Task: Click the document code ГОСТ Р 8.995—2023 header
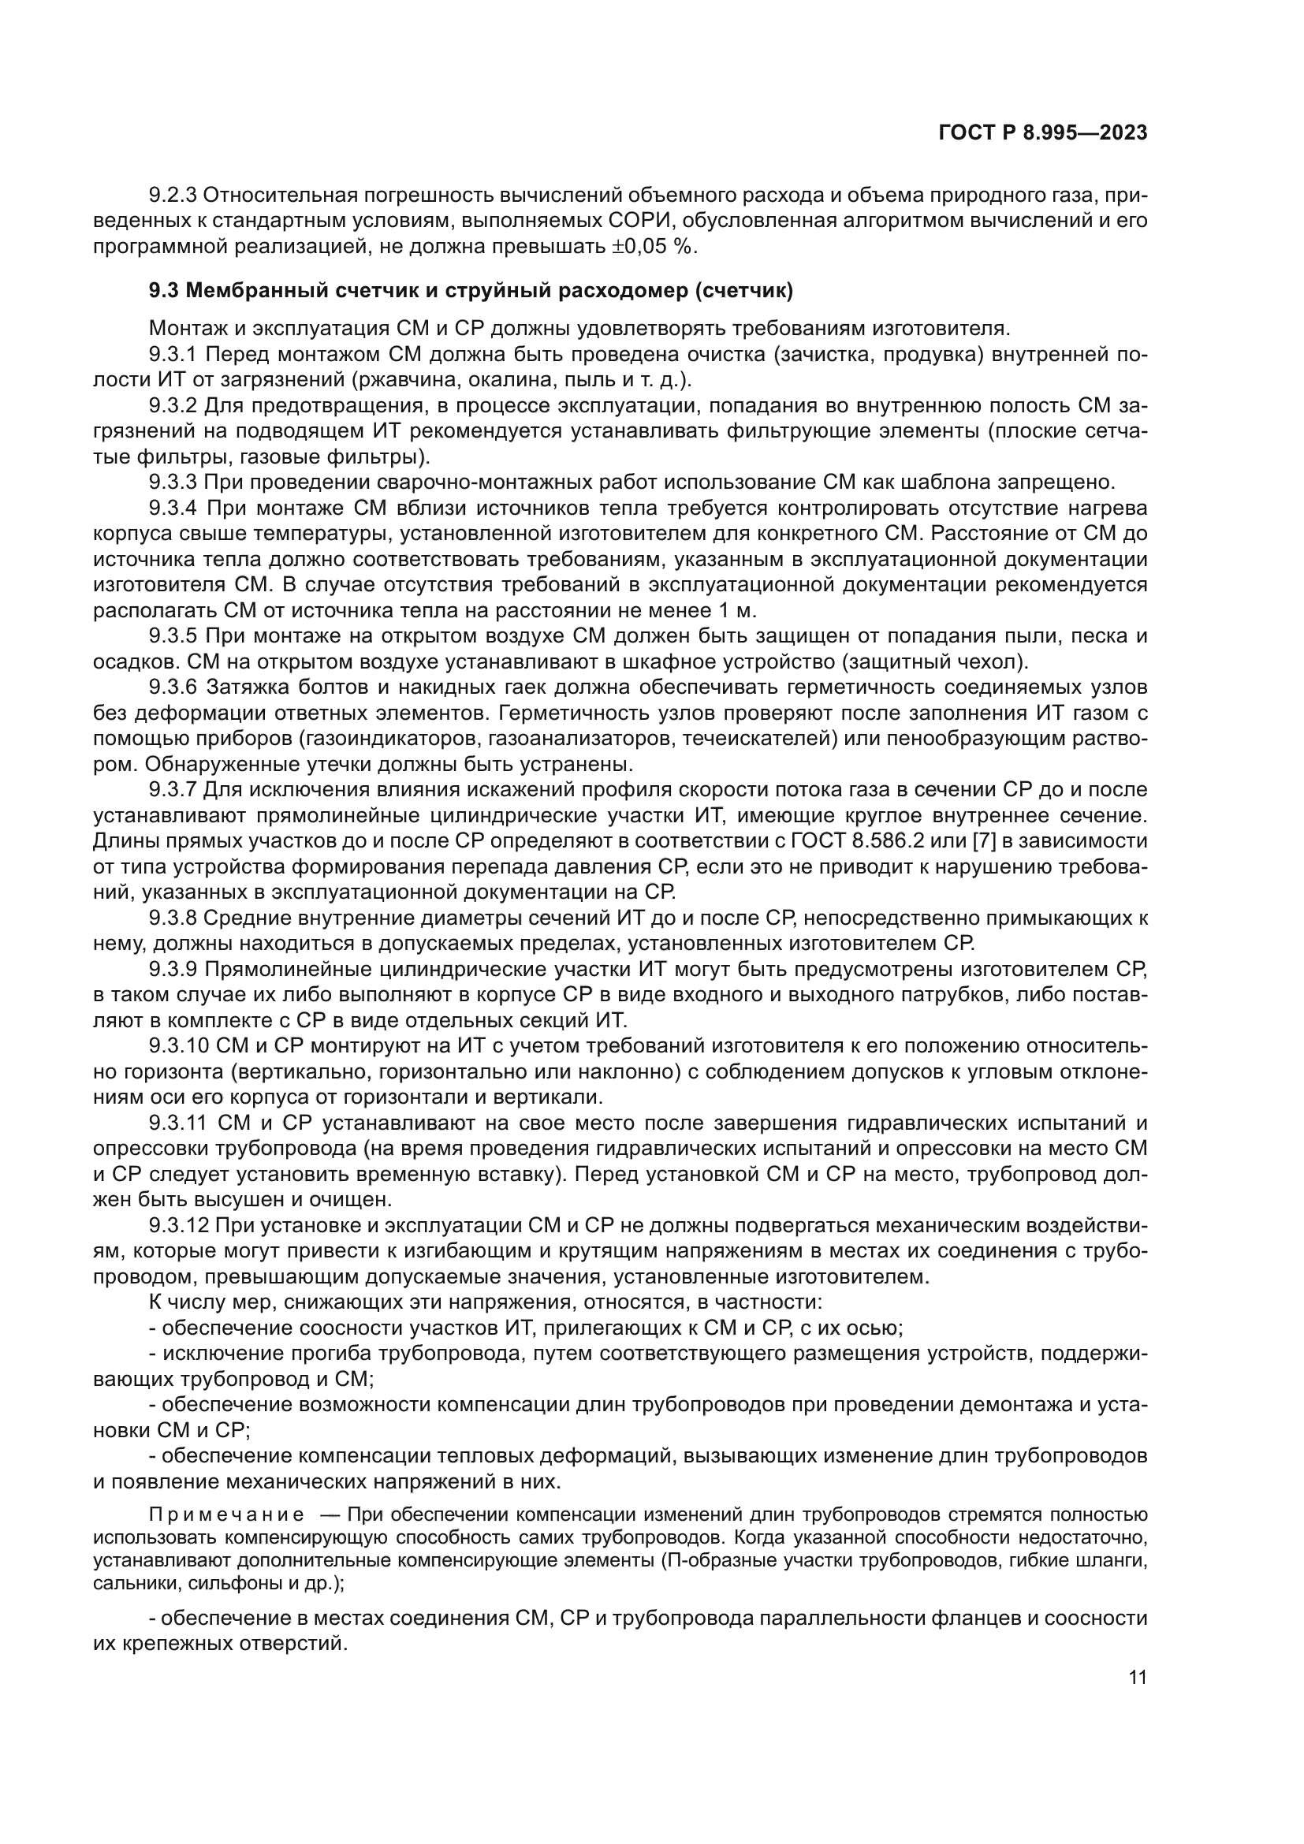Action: click(1042, 133)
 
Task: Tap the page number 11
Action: click(1137, 1677)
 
